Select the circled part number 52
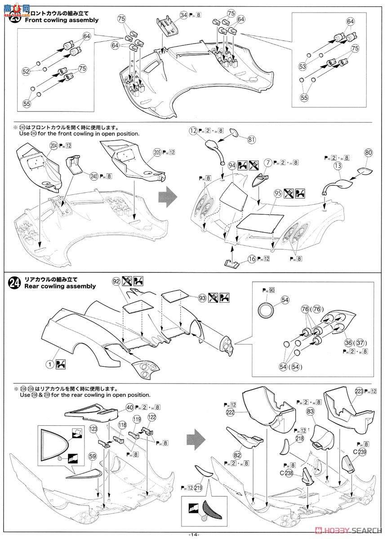(x=26, y=71)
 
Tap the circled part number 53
(x=303, y=66)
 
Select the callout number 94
(x=231, y=165)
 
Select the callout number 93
(x=202, y=297)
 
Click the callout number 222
(x=230, y=412)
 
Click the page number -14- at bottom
(x=193, y=534)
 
